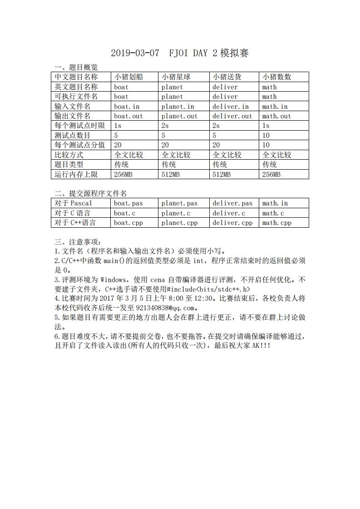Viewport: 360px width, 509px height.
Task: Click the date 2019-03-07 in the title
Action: pyautogui.click(x=135, y=54)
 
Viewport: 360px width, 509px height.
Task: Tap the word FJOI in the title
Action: pyautogui.click(x=179, y=54)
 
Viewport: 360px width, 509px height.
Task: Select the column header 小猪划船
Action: pyautogui.click(x=128, y=77)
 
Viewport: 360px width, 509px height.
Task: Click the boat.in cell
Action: pyautogui.click(x=127, y=107)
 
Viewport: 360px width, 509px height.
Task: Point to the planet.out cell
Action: pyautogui.click(x=179, y=116)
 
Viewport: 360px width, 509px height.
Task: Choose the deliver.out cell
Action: pyautogui.click(x=232, y=116)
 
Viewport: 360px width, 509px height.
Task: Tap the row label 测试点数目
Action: pyautogui.click(x=72, y=136)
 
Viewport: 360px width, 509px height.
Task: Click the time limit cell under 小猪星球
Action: pyautogui.click(x=165, y=126)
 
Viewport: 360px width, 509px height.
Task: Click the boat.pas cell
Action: pyautogui.click(x=128, y=204)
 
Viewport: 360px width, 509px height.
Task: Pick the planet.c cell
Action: pyautogui.click(x=176, y=213)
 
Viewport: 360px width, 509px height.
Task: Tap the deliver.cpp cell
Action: pyautogui.click(x=232, y=223)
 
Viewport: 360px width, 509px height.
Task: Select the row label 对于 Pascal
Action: pyautogui.click(x=73, y=204)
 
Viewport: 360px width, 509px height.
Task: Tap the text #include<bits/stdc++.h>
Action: pyautogui.click(x=208, y=289)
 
